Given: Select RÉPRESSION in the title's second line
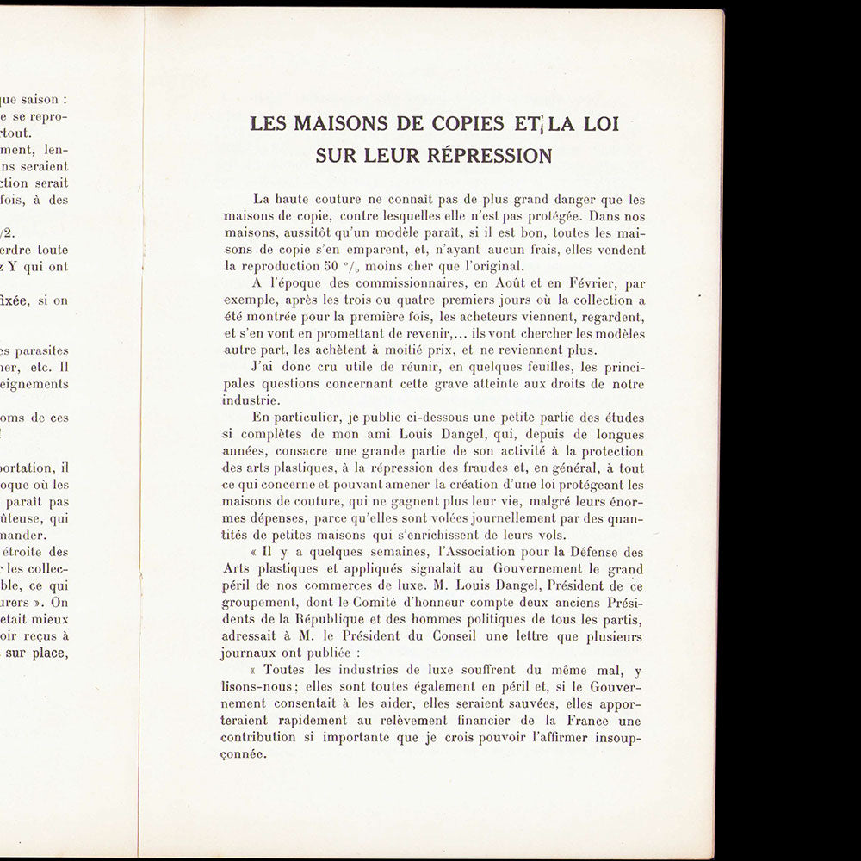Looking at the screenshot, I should tap(494, 156).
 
